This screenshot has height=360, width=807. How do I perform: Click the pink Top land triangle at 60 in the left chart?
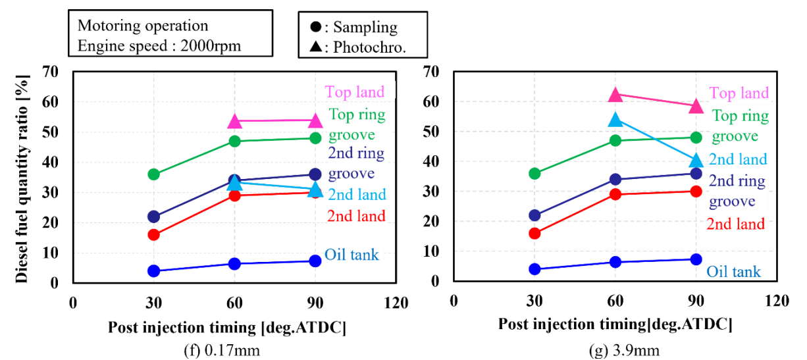click(235, 122)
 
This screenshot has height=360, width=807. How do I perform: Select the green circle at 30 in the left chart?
click(154, 174)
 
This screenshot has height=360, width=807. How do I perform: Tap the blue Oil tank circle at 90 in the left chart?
click(315, 261)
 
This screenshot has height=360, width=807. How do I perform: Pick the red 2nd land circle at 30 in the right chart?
click(534, 233)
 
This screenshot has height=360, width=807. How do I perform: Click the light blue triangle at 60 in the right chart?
click(615, 120)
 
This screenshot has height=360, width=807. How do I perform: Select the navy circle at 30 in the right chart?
click(534, 215)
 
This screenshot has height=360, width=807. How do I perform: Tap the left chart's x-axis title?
click(227, 327)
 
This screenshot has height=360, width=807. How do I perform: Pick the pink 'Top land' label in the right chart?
click(739, 93)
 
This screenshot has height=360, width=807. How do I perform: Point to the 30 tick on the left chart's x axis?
click(154, 303)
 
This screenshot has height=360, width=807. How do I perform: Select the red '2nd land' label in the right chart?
click(736, 224)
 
